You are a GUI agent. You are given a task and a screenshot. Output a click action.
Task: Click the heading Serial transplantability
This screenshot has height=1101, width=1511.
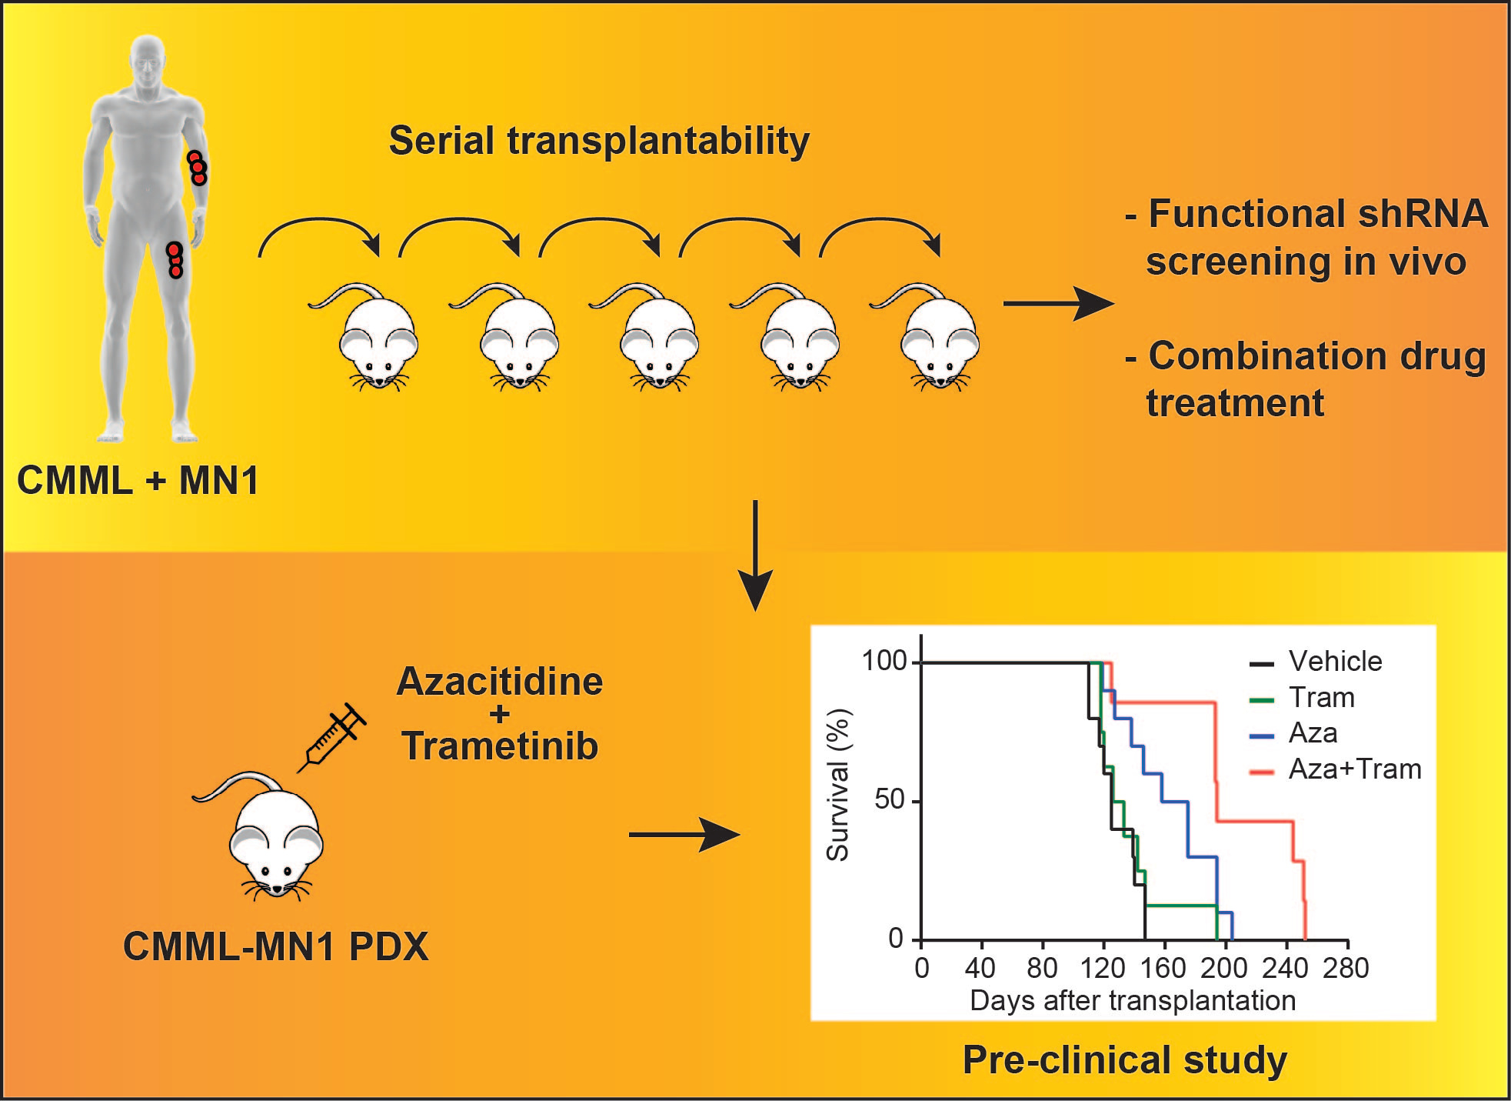tap(599, 141)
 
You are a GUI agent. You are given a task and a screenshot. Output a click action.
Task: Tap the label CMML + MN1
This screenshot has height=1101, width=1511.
tap(138, 481)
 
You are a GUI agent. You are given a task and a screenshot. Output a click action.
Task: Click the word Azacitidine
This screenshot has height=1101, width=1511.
tap(500, 682)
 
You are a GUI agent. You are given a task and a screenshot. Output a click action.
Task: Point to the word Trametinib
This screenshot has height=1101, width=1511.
tap(500, 746)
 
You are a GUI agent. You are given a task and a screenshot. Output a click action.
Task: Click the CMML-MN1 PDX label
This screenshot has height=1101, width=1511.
tap(275, 946)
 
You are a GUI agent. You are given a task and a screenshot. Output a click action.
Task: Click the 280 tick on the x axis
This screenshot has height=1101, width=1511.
tap(1346, 968)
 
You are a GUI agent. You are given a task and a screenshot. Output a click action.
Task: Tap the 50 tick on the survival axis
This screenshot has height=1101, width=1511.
tap(890, 800)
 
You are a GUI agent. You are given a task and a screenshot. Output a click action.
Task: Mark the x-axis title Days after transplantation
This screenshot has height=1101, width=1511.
tap(1133, 1000)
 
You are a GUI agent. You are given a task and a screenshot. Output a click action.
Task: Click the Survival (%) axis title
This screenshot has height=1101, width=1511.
tap(837, 785)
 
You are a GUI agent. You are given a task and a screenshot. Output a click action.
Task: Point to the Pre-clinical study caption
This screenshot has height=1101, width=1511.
tap(1124, 1059)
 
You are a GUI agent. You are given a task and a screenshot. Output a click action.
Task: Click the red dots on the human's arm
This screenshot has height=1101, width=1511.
tap(198, 167)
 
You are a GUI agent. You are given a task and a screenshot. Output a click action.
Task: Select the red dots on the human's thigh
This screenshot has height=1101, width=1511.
tap(175, 260)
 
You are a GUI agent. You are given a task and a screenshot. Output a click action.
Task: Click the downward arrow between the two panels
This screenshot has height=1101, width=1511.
tap(756, 554)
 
